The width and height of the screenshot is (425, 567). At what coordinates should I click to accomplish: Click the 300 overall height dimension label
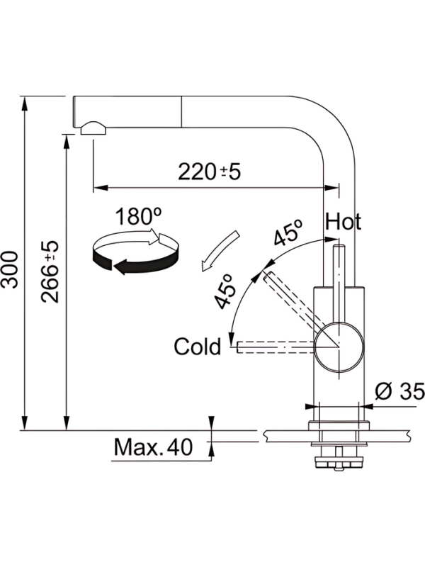click(10, 269)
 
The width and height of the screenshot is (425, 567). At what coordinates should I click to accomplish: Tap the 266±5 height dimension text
click(50, 271)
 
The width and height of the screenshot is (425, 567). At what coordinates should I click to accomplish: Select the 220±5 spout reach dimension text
click(209, 172)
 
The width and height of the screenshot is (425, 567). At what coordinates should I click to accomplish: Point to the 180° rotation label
click(138, 216)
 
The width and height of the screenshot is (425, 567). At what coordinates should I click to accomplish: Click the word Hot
click(343, 221)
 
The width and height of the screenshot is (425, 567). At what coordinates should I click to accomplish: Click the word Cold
click(197, 346)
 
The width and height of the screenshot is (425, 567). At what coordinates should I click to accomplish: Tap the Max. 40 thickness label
click(153, 447)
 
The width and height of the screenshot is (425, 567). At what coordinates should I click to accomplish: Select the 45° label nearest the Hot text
click(288, 232)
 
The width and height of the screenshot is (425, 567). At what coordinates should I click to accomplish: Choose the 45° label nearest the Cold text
click(225, 291)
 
